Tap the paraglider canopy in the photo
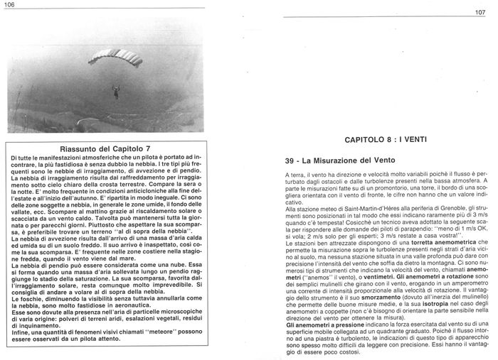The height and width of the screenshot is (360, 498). (x=116, y=57)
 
